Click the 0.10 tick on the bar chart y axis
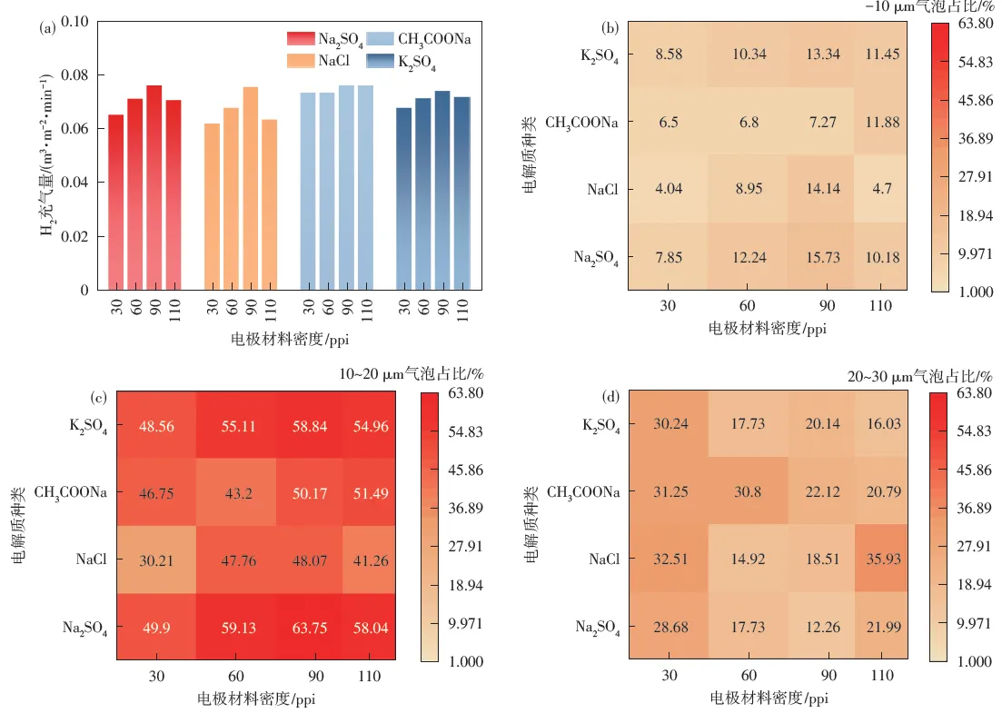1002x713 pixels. pyautogui.click(x=79, y=22)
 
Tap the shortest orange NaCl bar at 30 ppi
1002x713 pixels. pyautogui.click(x=212, y=206)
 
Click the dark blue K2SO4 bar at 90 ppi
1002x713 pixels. pyautogui.click(x=441, y=190)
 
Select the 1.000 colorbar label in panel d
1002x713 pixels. pyautogui.click(x=971, y=661)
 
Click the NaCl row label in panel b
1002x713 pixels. pyautogui.click(x=602, y=190)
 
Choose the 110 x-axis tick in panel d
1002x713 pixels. pyautogui.click(x=882, y=677)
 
